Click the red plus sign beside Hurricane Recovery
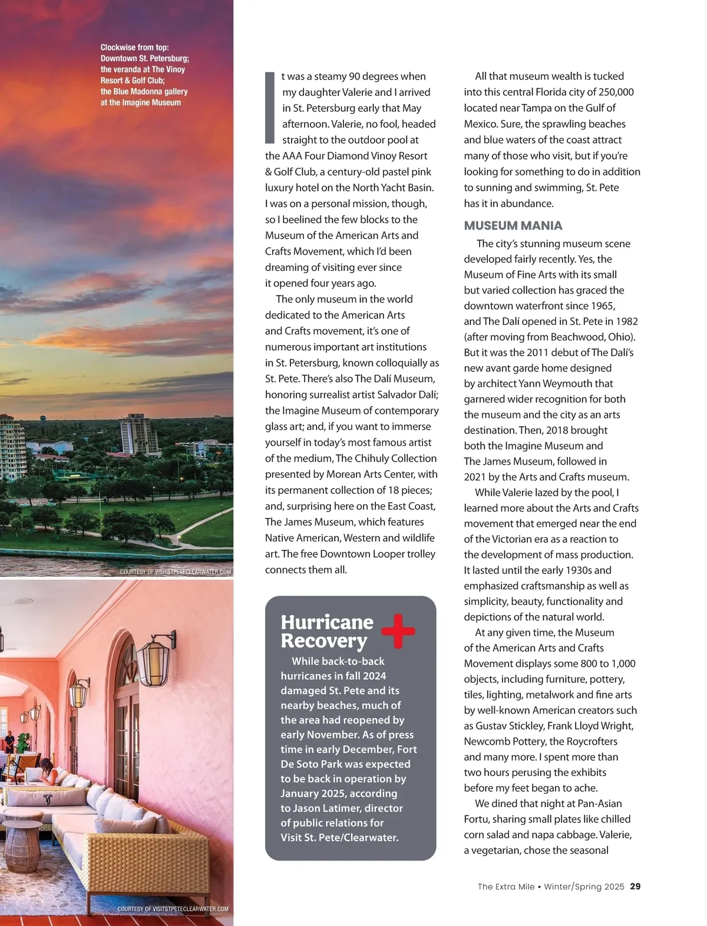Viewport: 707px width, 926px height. click(x=398, y=631)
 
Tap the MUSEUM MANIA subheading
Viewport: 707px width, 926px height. click(x=513, y=225)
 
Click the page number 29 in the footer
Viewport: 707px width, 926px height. click(x=635, y=887)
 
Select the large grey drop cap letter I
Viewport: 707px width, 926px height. click(x=270, y=108)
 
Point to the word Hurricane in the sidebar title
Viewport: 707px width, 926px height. click(x=327, y=622)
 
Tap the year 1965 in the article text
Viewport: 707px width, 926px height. click(x=602, y=306)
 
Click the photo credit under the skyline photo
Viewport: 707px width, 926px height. click(x=175, y=572)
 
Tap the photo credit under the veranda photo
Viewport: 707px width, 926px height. click(x=173, y=909)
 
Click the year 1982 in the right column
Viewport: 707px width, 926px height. click(x=625, y=321)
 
